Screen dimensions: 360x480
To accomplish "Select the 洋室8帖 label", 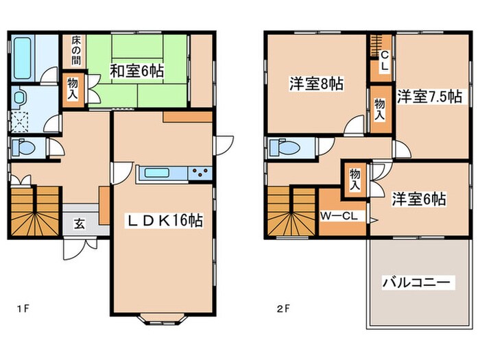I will coord(316,84).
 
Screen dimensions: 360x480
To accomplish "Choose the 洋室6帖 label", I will coord(419,200).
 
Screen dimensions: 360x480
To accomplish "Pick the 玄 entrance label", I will coord(80,224).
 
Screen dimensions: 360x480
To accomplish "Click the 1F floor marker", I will coord(22,308).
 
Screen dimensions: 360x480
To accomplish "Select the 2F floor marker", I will coord(284,308).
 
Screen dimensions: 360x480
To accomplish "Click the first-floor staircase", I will coord(34,211).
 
